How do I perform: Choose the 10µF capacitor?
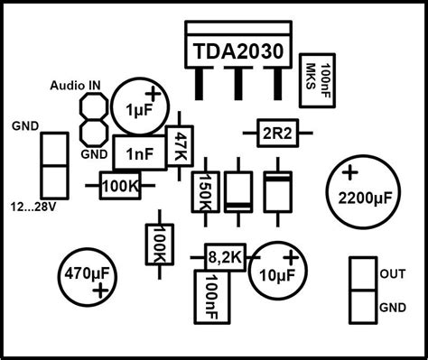pyautogui.click(x=277, y=268)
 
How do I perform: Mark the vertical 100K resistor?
pyautogui.click(x=155, y=245)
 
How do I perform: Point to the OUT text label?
pyautogui.click(x=393, y=272)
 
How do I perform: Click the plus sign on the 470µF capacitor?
pyautogui.click(x=99, y=289)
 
